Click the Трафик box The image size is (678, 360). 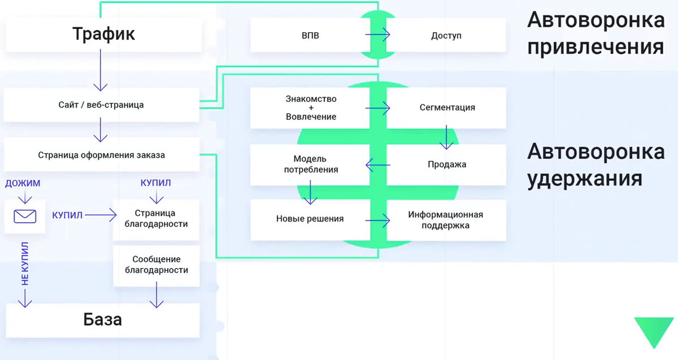[103, 34]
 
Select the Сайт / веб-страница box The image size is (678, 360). [101, 105]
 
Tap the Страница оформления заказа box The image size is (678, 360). [102, 154]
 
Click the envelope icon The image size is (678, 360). [25, 215]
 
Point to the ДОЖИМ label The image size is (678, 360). [23, 183]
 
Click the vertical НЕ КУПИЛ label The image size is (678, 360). [25, 264]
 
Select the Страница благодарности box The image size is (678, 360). [156, 219]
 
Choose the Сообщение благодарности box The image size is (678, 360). [156, 264]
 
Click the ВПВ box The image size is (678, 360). [310, 35]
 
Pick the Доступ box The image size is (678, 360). [446, 35]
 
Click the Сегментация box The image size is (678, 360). [446, 107]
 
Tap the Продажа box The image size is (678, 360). [446, 164]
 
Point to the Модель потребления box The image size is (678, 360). [310, 164]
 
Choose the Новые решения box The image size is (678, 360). [310, 219]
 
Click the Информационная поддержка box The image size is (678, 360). [446, 220]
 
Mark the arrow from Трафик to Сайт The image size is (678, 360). [101, 71]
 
